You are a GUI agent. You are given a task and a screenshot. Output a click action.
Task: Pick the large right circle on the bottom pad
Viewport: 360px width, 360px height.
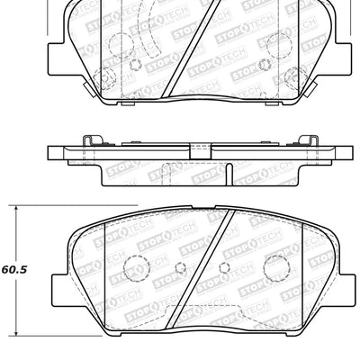click(269, 266)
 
